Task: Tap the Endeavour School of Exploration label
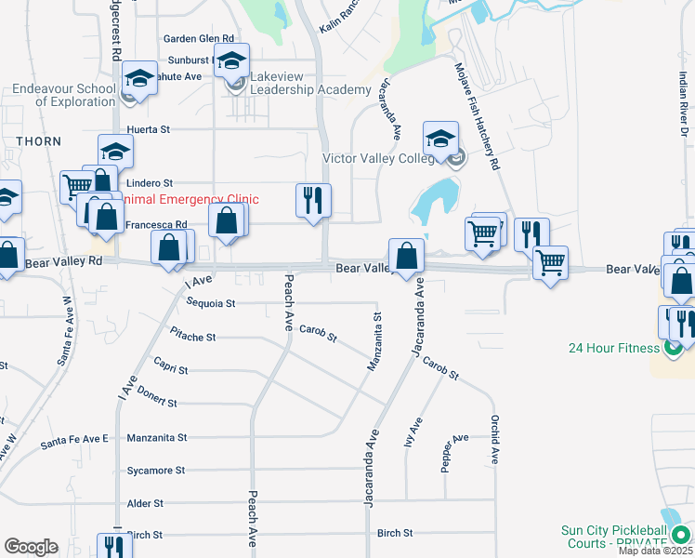click(x=64, y=96)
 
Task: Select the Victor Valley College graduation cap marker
click(x=440, y=139)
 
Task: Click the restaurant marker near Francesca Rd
click(x=313, y=200)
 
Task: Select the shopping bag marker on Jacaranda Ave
click(x=407, y=254)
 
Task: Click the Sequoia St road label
click(x=211, y=303)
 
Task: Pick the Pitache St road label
click(x=193, y=337)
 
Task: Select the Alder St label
click(x=146, y=503)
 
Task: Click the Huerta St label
click(x=149, y=130)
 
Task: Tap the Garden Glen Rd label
click(x=198, y=39)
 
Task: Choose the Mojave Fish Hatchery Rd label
click(x=478, y=116)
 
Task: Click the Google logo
click(x=31, y=547)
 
